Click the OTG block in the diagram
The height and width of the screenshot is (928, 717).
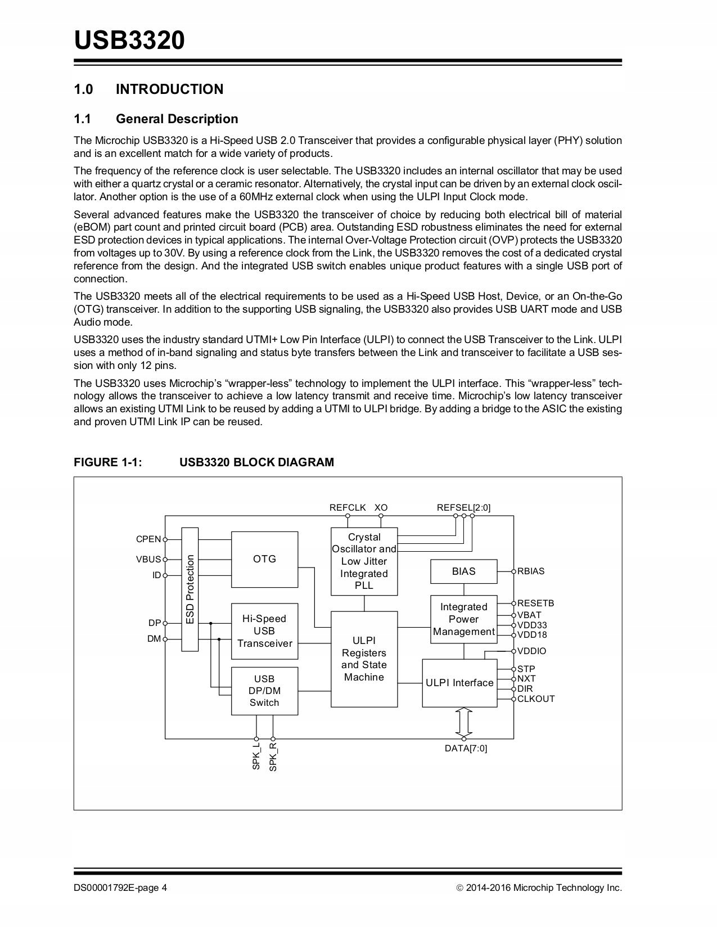coord(264,559)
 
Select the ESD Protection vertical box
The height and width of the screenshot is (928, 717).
coord(190,589)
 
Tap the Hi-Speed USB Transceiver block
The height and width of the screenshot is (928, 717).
coord(264,631)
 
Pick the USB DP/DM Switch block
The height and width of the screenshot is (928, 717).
coord(264,691)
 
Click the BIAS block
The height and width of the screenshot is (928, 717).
coord(463,571)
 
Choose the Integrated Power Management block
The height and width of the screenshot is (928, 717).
coord(463,619)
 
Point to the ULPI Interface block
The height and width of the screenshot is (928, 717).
coord(459,683)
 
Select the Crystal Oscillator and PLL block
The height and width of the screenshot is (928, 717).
coord(364,561)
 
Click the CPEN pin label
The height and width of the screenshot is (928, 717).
coord(148,539)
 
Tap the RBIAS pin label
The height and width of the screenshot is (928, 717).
coord(531,571)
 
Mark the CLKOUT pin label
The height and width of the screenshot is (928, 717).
coord(536,699)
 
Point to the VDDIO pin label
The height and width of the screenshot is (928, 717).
coord(531,651)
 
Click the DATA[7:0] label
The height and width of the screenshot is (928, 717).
coord(466,749)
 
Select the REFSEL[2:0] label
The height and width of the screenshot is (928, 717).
coord(463,508)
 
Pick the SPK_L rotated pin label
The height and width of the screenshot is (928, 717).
coord(256,757)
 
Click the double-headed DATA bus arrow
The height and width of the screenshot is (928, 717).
coord(464,722)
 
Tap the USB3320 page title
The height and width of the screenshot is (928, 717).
coord(129,40)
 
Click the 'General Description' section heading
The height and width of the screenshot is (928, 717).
coord(177,119)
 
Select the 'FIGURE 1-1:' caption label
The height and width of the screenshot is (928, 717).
coord(108,462)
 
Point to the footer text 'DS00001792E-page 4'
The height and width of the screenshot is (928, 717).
coord(120,888)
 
